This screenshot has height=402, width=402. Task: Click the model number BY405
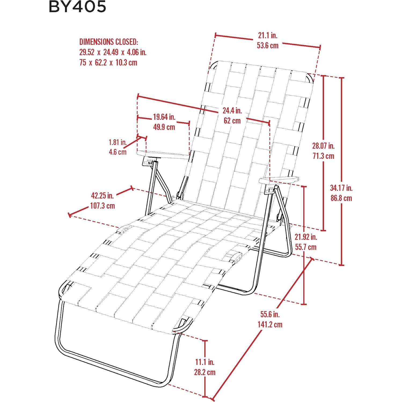(77, 7)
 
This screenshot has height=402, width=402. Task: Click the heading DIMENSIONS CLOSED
(109, 42)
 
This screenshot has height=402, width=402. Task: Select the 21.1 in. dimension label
(268, 35)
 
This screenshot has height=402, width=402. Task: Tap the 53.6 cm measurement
(268, 45)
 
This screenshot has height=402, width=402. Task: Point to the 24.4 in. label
(232, 110)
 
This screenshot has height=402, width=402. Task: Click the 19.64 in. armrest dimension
(164, 117)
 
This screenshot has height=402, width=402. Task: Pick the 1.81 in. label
(118, 142)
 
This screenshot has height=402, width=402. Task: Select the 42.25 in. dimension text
(102, 195)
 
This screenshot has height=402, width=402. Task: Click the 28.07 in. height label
(323, 146)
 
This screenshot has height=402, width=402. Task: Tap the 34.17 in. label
(341, 188)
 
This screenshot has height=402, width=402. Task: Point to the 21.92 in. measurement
(306, 237)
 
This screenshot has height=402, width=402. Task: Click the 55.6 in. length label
(270, 314)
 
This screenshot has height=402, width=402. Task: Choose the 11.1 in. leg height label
(205, 362)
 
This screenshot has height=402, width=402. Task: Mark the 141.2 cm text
(270, 324)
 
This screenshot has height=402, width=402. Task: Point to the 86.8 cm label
(341, 198)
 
